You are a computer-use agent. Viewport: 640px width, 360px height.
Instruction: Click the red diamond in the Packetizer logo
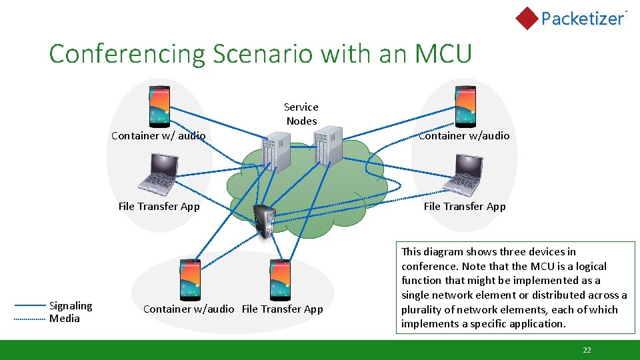click(x=527, y=19)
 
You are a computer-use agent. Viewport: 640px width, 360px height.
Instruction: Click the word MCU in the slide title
click(x=443, y=53)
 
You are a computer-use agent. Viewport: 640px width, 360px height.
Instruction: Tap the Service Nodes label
click(x=301, y=114)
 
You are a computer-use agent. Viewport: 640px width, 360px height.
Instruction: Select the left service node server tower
click(x=275, y=151)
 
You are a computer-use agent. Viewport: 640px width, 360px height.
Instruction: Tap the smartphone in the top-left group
click(x=159, y=107)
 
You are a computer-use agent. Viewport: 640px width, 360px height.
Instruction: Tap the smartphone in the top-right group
click(x=465, y=107)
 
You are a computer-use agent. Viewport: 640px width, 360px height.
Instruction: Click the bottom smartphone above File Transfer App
click(x=280, y=279)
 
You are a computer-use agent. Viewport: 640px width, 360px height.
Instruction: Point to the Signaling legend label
click(x=71, y=305)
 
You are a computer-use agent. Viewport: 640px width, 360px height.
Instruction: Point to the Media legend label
click(x=65, y=318)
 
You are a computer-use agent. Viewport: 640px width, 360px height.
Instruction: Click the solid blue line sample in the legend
click(x=30, y=306)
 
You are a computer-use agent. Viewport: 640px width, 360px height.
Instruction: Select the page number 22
click(x=587, y=350)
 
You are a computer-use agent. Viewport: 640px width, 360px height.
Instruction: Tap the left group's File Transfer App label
click(x=159, y=206)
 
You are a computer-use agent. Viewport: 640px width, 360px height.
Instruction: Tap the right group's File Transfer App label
click(x=465, y=206)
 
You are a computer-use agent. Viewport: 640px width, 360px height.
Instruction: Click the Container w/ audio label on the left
click(x=158, y=135)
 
